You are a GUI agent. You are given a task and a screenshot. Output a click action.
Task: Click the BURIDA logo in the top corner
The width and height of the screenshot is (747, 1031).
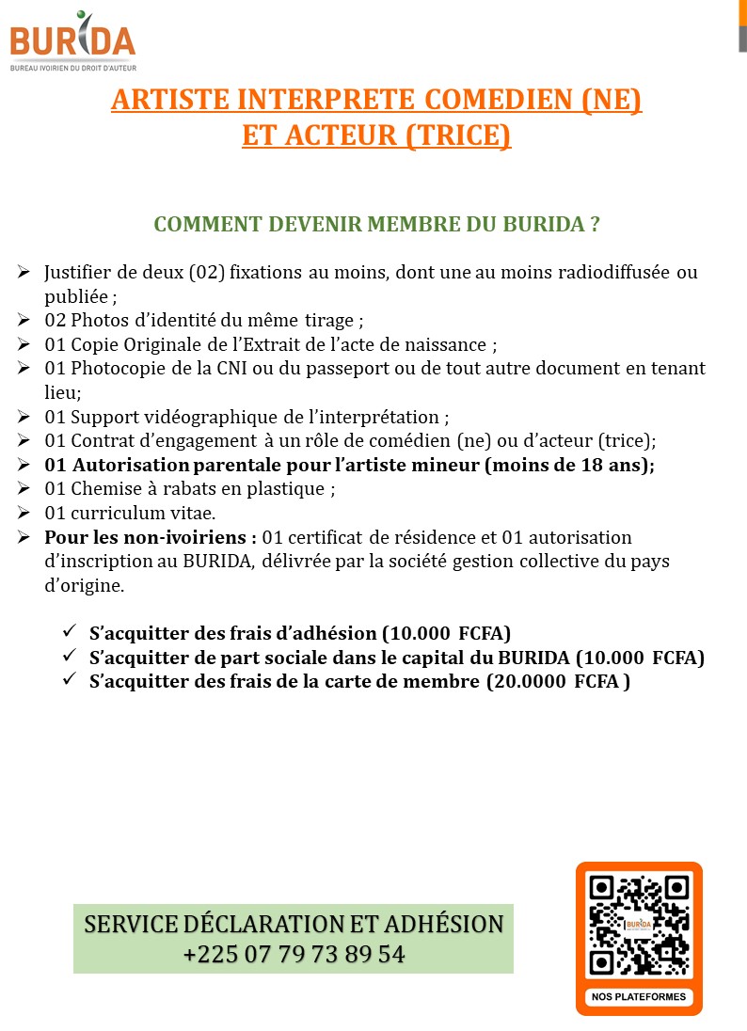72,41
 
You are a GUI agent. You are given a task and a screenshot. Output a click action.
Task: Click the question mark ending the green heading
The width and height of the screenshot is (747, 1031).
595,225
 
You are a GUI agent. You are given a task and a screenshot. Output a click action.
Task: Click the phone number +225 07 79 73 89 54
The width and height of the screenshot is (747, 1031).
294,954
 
